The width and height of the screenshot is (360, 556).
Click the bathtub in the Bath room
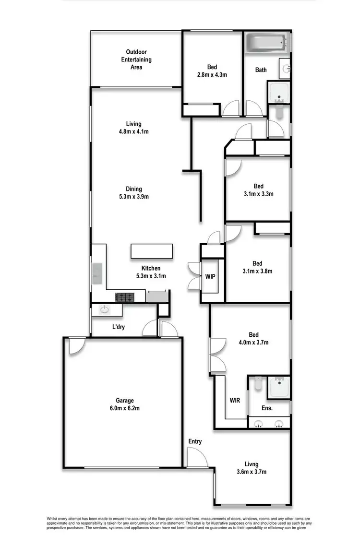[x=266, y=43]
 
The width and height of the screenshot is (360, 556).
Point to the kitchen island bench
[x=151, y=251]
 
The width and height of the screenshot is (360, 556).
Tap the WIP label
[x=210, y=277]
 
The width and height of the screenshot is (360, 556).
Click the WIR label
[x=235, y=400]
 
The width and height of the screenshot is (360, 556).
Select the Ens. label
[x=267, y=408]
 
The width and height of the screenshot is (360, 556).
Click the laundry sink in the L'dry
[x=104, y=310]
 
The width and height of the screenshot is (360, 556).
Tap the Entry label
[x=195, y=441]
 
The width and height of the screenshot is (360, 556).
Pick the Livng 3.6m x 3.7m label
[x=252, y=468]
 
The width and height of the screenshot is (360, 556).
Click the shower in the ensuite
[x=278, y=387]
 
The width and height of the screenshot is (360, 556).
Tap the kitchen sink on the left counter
[x=97, y=274]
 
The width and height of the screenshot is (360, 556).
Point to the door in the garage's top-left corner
[x=76, y=346]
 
